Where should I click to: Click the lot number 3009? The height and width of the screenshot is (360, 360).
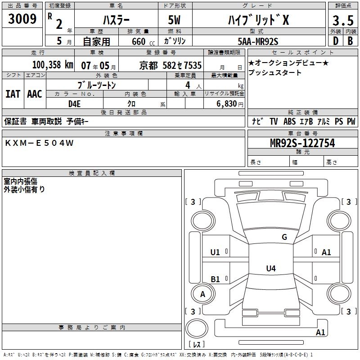pos(22,19)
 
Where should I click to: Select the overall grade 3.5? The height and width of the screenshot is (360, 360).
pos(342,21)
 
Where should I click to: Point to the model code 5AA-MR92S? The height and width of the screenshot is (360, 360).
pos(258,41)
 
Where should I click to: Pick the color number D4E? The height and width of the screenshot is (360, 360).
pos(74,104)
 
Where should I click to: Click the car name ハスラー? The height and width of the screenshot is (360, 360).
pos(115,20)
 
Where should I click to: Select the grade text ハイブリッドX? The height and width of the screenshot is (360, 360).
pos(257,20)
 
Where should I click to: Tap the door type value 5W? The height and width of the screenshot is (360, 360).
pos(175,20)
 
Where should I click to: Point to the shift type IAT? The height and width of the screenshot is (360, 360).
pos(13,94)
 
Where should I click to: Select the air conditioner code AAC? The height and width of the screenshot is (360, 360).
pos(34,94)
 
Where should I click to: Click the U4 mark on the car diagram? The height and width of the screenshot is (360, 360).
pos(270,269)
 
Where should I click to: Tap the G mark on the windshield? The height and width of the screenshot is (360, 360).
pos(284,237)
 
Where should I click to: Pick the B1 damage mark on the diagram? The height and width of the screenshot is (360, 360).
pos(216,279)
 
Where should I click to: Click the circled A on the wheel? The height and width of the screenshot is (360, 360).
pos(202,294)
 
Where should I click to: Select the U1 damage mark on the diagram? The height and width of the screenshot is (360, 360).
pos(216,252)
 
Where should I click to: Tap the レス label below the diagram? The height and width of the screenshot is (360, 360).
pos(198,345)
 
